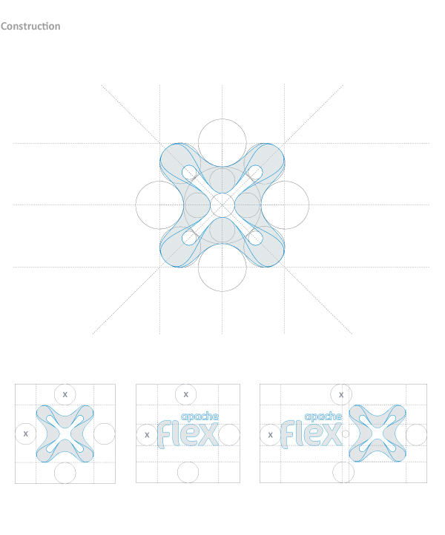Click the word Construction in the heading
(30, 26)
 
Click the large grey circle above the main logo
(222, 119)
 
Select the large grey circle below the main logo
(222, 291)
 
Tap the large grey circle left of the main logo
(136, 205)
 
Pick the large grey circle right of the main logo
(309, 205)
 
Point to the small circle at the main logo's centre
(222, 193)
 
